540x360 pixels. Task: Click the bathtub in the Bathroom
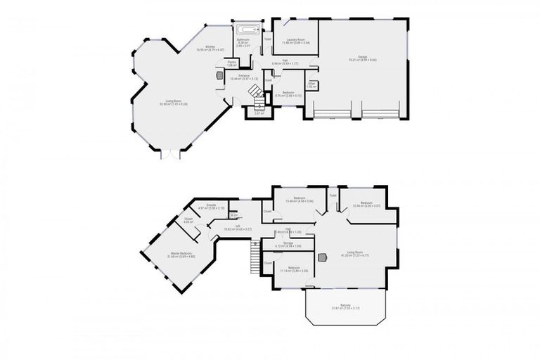[247, 30]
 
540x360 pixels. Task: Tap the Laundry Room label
[295, 41]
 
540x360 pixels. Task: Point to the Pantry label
[231, 63]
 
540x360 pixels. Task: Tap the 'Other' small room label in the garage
[311, 85]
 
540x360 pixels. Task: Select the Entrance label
[244, 76]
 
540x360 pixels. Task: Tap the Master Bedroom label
[181, 255]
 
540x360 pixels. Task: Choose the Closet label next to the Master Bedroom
[189, 220]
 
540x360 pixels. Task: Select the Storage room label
[288, 244]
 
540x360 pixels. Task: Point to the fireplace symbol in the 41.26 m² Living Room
[323, 257]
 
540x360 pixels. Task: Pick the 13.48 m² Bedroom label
[300, 200]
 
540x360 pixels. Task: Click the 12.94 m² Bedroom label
[366, 204]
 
